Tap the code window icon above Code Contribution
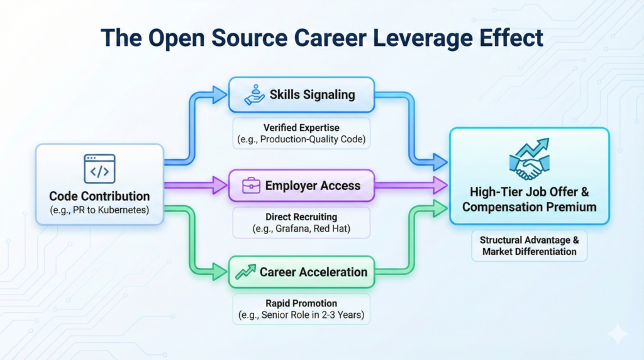pos(99,169)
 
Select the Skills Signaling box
pos(301,94)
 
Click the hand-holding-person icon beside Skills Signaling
pos(255,94)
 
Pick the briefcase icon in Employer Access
pos(251,186)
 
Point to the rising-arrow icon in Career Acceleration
pos(246,272)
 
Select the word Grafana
pos(292,228)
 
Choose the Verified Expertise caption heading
pos(301,128)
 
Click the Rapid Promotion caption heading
pos(301,303)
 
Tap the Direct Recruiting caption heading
pos(301,217)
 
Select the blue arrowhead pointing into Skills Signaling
pos(219,94)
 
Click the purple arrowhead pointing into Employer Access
pos(219,185)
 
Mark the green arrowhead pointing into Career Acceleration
pos(219,272)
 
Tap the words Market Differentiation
pos(530,252)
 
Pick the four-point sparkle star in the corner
pos(618,334)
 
